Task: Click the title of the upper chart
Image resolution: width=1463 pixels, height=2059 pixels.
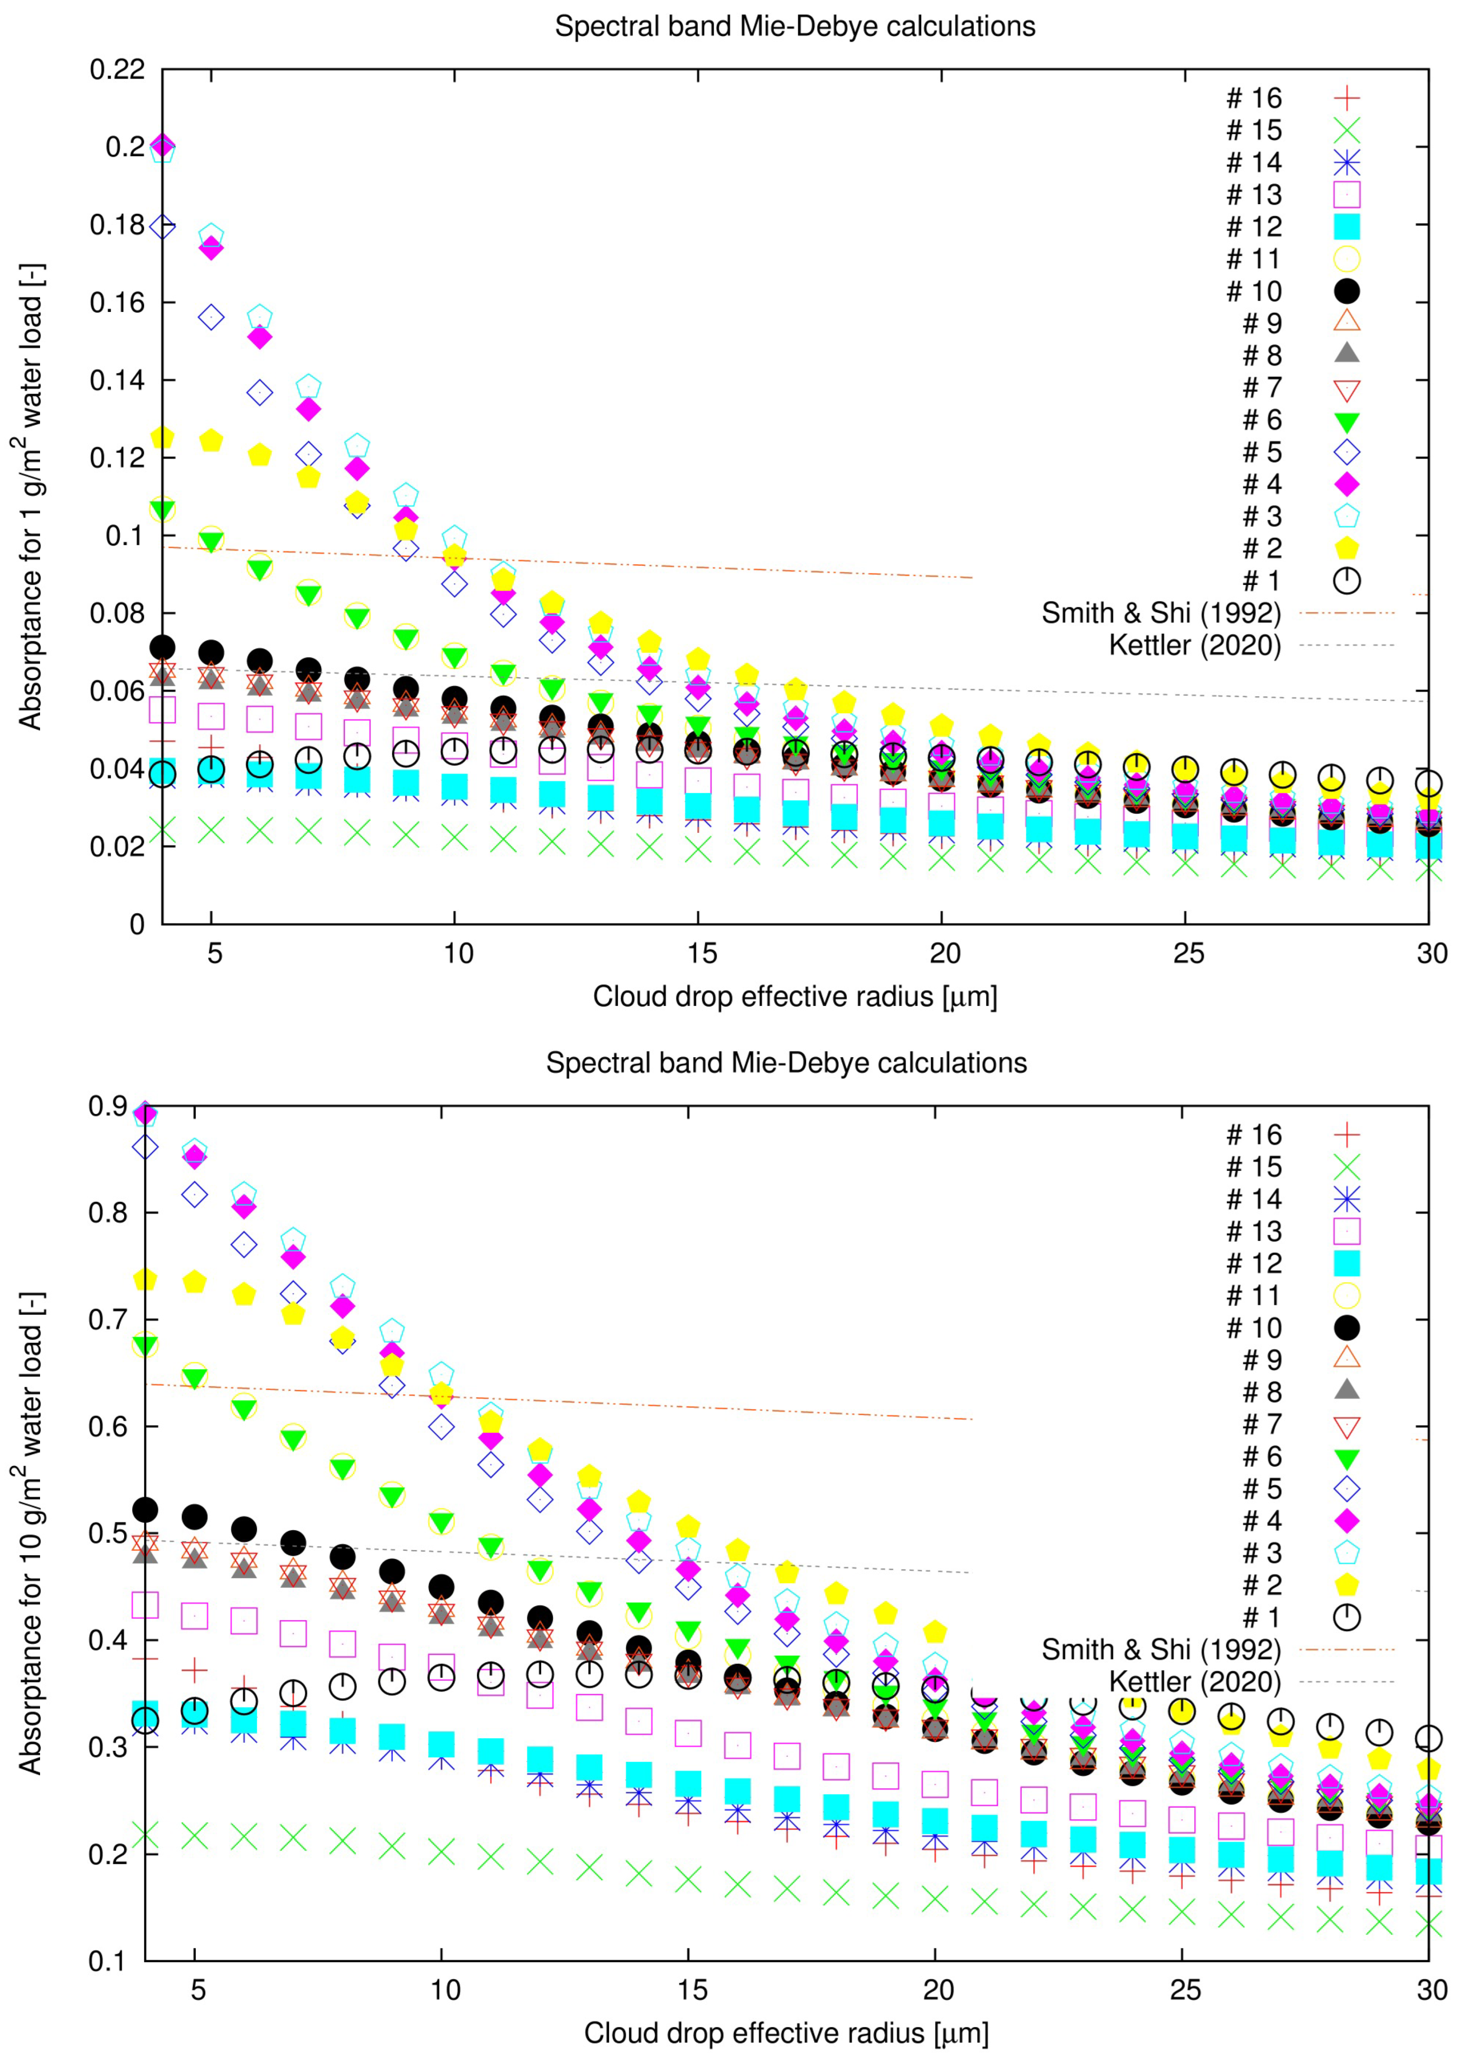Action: pos(795,26)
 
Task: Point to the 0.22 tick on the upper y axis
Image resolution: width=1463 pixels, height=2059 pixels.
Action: pos(117,69)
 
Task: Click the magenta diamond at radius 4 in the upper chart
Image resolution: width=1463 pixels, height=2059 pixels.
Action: pos(162,146)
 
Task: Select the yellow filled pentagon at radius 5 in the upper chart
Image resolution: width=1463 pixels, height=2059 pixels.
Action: pos(211,440)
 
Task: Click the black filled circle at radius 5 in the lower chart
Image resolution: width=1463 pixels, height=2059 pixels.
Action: pos(194,1517)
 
